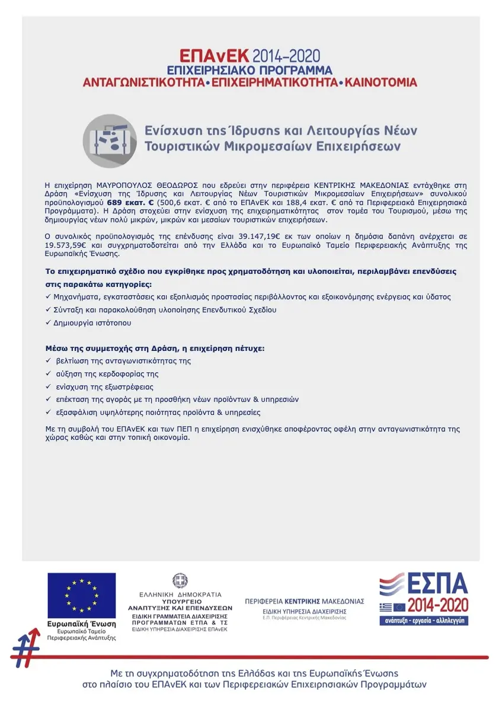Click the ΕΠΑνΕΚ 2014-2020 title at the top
[x=249, y=56]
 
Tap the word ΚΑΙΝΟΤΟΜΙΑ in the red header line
[x=381, y=82]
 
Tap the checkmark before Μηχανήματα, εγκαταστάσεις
[x=48, y=296]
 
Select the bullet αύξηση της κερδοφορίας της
[x=107, y=374]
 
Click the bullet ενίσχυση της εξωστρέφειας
[x=104, y=387]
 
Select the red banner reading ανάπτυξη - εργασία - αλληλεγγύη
[x=424, y=621]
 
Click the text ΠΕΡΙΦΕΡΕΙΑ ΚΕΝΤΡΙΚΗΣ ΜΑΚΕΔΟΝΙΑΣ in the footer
[x=305, y=601]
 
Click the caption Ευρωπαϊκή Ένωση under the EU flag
[x=82, y=624]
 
